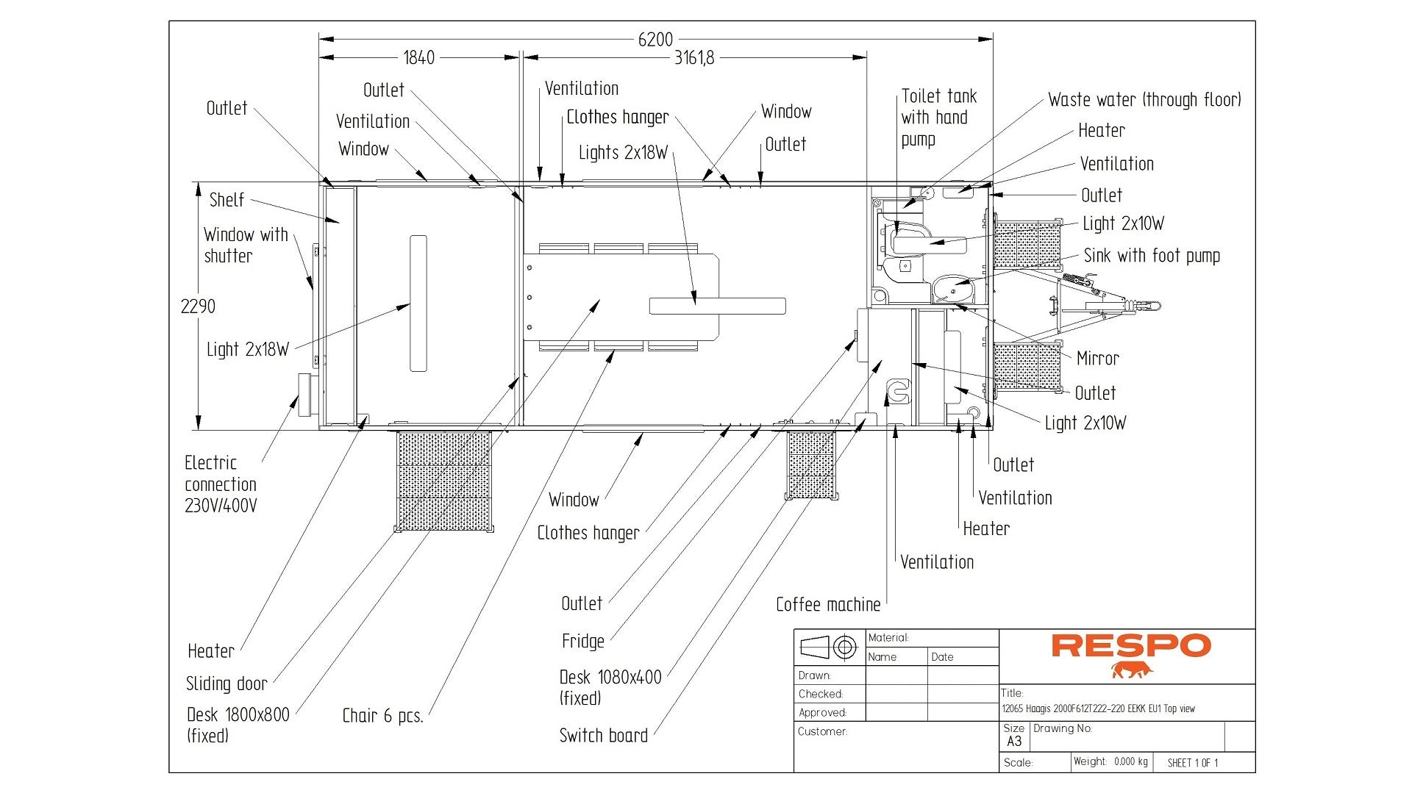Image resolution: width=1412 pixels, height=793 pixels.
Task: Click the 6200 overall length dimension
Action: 655,40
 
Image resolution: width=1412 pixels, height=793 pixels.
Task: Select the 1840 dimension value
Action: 418,58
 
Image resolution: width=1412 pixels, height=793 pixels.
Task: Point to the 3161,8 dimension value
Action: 693,58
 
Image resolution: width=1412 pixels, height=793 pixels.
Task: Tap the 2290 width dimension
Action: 198,306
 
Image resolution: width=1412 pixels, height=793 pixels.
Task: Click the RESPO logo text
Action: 1130,646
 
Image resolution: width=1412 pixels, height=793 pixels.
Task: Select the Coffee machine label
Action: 828,605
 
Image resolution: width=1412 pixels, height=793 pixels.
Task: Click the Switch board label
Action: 603,736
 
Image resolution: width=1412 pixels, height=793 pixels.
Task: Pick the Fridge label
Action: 582,642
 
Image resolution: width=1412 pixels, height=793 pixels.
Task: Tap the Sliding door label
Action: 227,683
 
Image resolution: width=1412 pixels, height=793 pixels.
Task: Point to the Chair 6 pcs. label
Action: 382,716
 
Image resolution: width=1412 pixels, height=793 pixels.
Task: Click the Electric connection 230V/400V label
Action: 221,484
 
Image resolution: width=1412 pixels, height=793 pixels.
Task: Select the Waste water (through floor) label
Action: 1144,100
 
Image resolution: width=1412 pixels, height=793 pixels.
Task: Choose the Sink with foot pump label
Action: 1152,256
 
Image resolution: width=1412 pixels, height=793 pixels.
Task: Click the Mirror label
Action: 1097,359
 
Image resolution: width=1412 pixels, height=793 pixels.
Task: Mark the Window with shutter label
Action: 245,245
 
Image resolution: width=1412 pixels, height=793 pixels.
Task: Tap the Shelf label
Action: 227,200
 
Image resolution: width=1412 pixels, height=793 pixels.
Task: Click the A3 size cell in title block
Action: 1014,742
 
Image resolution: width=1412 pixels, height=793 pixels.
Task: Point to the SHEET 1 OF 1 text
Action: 1192,763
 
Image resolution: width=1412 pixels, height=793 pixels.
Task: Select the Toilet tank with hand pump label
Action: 938,118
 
